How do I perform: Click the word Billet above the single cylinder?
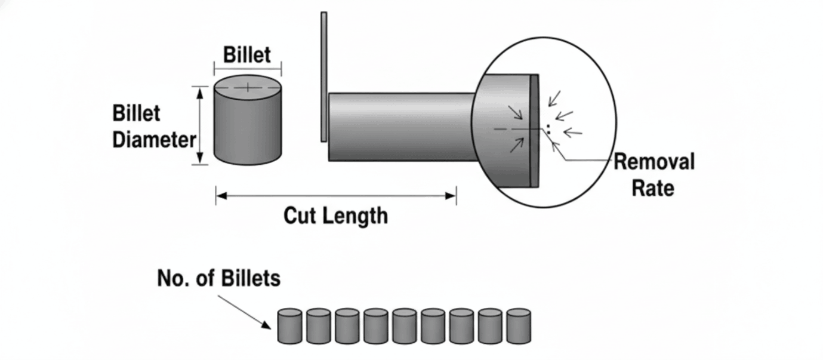[x=246, y=55]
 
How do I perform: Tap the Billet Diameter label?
[x=154, y=127]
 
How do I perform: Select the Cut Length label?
[x=335, y=215]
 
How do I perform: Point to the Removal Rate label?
[x=654, y=174]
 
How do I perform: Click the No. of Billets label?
[x=218, y=278]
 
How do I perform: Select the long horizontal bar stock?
[x=400, y=127]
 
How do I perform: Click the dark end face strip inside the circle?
[x=534, y=131]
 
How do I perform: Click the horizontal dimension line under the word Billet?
[x=248, y=67]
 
